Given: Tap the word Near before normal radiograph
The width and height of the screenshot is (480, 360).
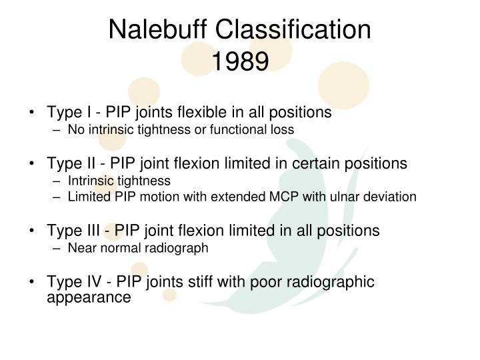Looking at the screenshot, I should coord(80,248).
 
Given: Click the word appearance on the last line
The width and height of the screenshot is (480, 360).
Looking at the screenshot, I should coord(89,297).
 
